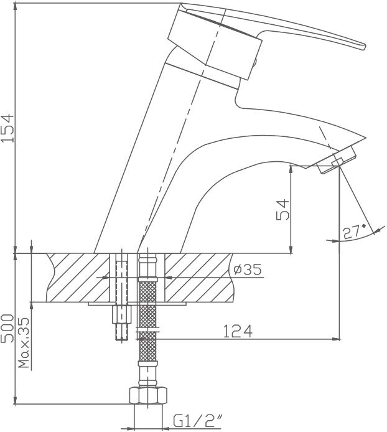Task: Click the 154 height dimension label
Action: point(7,128)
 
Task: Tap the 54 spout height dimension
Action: point(283,209)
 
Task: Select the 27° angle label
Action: point(353,232)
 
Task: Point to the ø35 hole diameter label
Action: point(248,270)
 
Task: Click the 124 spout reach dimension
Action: point(238,331)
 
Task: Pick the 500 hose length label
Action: point(7,329)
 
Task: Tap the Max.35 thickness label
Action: point(24,343)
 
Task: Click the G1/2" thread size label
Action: point(197,421)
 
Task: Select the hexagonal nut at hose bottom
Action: point(148,396)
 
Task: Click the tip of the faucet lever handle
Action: point(365,47)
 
